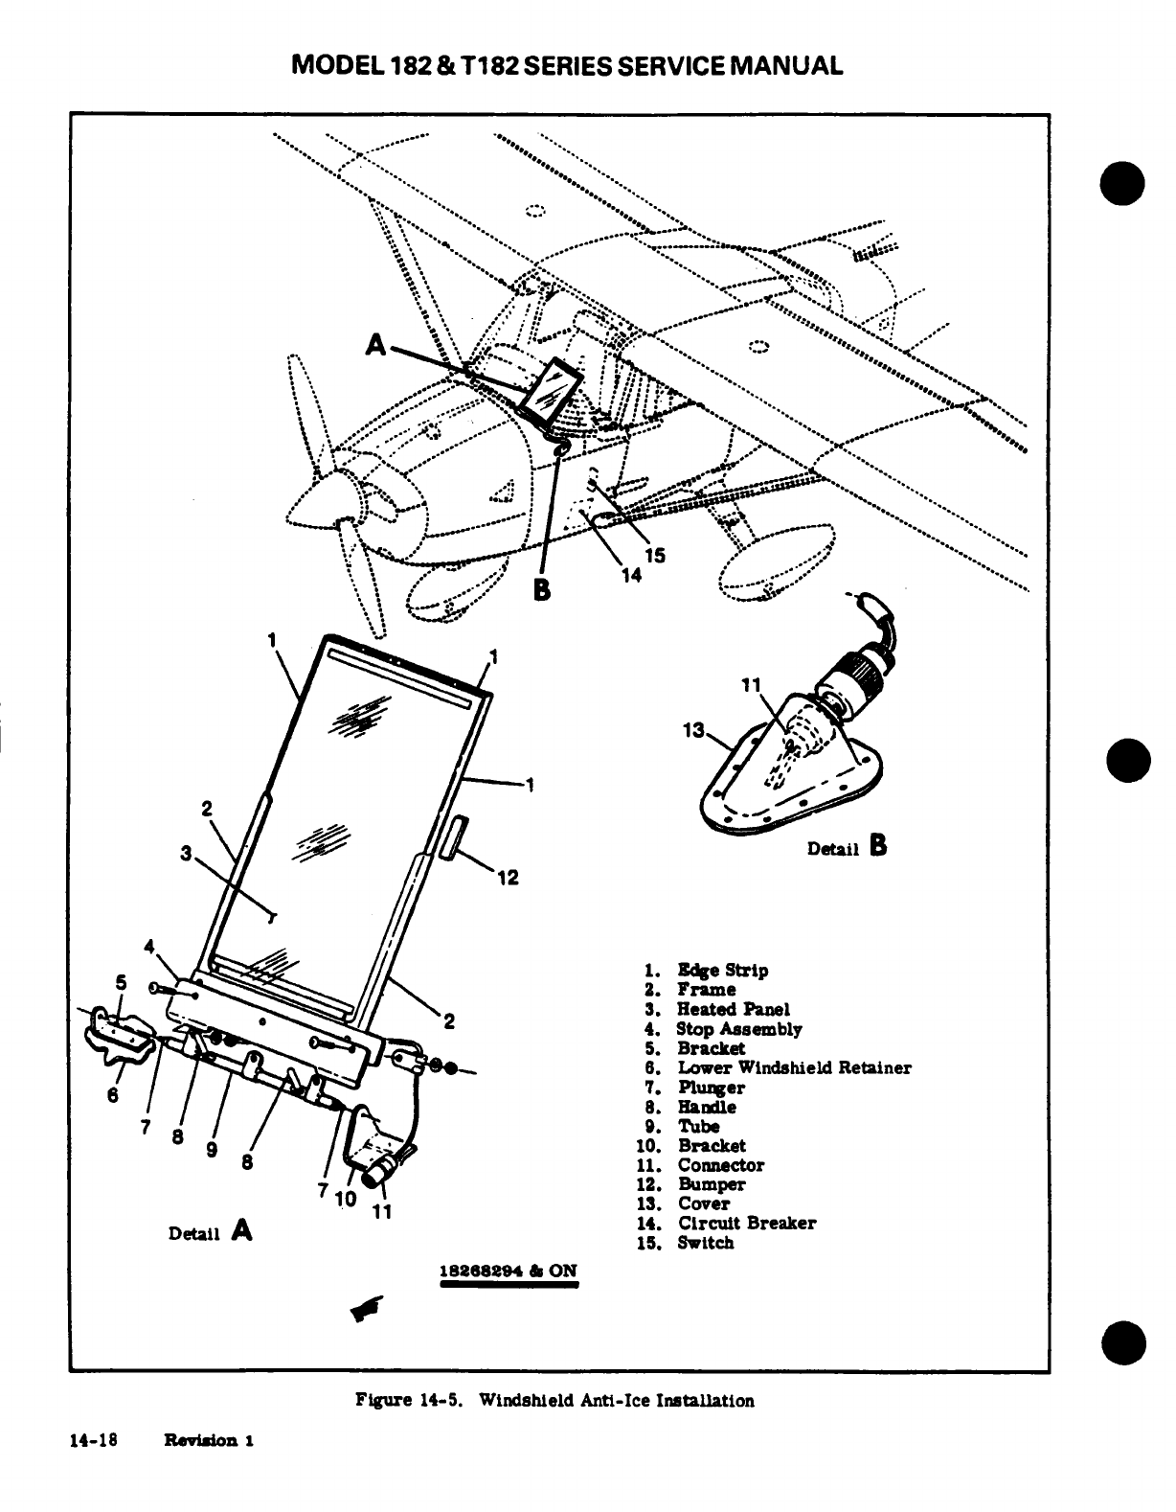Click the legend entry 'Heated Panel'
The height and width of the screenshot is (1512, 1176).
[x=733, y=1009]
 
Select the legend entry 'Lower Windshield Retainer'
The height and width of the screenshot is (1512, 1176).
[x=794, y=1067]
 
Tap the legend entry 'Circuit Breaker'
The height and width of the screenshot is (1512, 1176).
[x=746, y=1223]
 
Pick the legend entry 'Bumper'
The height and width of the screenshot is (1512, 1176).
[x=711, y=1184]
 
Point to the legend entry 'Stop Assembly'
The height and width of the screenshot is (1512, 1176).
[x=738, y=1029]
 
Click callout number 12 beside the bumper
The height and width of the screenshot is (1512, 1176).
[x=508, y=877]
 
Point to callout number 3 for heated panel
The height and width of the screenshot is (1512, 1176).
[x=187, y=851]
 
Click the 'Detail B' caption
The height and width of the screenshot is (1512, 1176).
[x=848, y=847]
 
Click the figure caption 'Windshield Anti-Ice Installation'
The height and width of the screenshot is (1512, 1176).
[x=616, y=1400]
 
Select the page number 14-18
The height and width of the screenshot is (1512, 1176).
[x=93, y=1439]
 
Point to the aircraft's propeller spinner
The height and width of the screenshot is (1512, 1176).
[x=316, y=504]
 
